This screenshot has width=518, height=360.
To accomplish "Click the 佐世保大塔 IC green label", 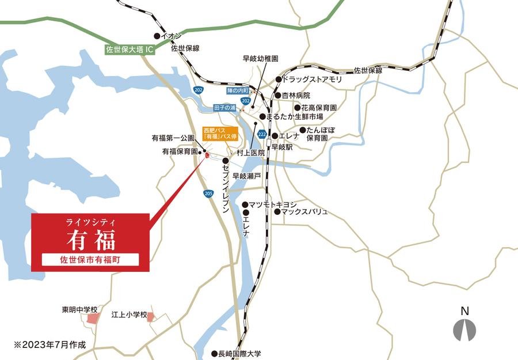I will coord(131,50).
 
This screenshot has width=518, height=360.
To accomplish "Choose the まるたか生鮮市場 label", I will coord(294,116).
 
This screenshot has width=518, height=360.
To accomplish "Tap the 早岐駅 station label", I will coord(282,147).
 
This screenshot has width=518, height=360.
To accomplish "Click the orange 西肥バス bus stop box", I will coord(219,135).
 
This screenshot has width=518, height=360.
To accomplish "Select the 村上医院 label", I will coord(252,153).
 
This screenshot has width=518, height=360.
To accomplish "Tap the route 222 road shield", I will coord(262,134).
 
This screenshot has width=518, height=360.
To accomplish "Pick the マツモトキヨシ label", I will coord(273,204).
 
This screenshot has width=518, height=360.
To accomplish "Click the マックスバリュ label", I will coord(304,212).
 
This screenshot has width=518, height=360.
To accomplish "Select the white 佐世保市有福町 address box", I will coord(91,259).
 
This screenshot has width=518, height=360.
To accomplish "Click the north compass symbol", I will coord(464,329).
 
